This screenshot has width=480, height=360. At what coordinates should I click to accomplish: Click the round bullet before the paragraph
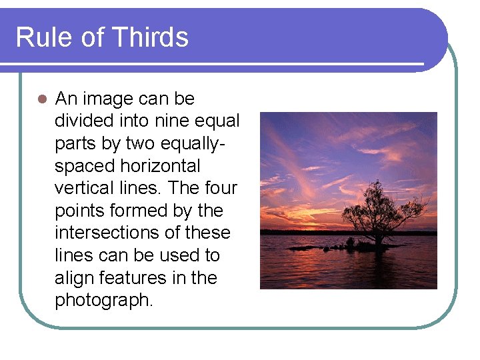[41, 99]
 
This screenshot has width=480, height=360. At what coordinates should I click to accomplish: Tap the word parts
[76, 144]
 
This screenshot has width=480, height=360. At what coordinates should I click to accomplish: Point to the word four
[221, 188]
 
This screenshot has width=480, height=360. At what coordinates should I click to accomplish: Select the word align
[73, 277]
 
